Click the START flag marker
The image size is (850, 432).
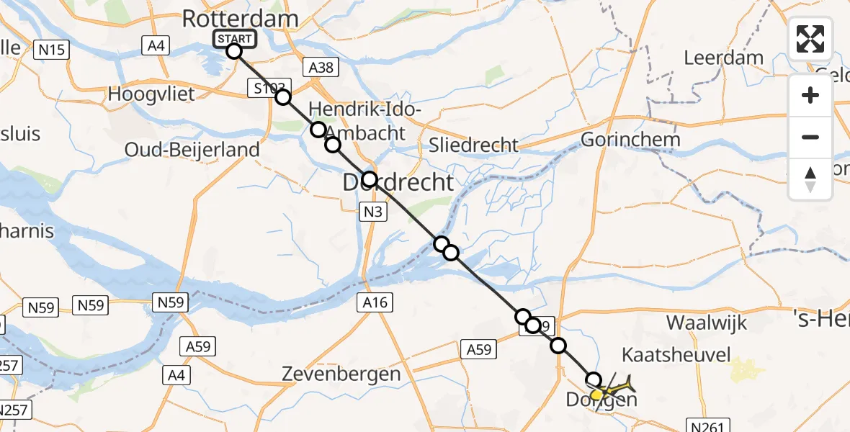click(233, 39)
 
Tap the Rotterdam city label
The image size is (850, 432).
click(240, 19)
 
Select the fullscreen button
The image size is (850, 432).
click(810, 39)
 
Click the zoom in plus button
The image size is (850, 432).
click(810, 95)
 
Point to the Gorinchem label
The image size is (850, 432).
click(630, 140)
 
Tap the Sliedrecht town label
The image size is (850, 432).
click(473, 144)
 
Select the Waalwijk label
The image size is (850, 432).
click(707, 322)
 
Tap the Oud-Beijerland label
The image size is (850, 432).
click(192, 150)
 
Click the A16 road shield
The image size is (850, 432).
click(375, 302)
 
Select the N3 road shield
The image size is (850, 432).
click(374, 212)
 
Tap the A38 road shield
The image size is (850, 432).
click(319, 67)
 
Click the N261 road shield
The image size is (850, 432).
click(712, 426)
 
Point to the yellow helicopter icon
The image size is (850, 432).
click(612, 387)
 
